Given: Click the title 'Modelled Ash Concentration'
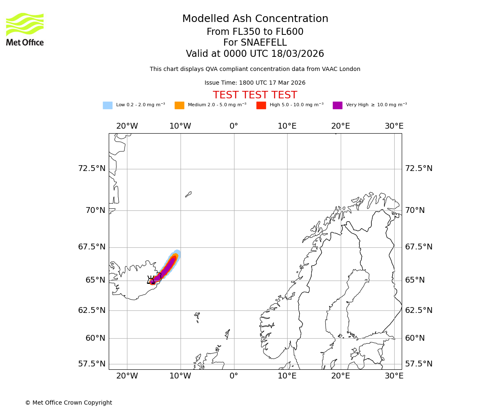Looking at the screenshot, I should coord(255,19).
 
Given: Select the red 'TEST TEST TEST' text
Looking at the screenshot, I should coord(255,95).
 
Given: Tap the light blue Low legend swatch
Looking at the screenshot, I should coord(107,105).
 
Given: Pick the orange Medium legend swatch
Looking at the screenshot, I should coord(179,105).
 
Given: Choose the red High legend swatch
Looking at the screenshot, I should coord(261,105).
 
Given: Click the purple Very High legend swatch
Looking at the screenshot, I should coord(337,105).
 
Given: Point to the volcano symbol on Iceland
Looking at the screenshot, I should coord(151,280).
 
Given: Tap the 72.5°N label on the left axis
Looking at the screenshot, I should coord(92,168).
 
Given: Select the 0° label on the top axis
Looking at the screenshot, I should coord(234,126).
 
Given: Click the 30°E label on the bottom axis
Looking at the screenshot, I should coord(394,376).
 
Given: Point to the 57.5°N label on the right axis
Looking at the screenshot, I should coord(419,364).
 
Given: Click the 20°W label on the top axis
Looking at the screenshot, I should coord(127,126).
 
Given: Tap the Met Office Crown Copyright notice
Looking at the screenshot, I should coord(68,403).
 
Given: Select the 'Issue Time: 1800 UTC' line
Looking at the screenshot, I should coord(255,83).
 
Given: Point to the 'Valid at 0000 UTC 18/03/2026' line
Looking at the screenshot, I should coord(255,54).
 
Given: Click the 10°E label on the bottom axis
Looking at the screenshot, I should coord(287,376).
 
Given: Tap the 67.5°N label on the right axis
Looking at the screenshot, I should coord(419,247).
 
